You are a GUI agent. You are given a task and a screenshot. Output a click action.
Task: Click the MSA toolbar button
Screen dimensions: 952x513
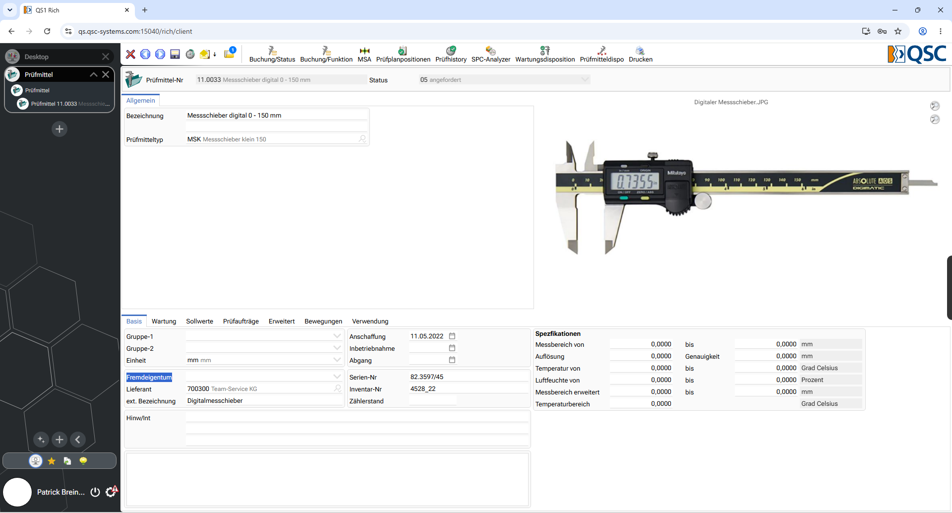pyautogui.click(x=364, y=55)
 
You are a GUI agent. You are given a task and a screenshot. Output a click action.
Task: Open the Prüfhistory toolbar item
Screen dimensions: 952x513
pyautogui.click(x=451, y=55)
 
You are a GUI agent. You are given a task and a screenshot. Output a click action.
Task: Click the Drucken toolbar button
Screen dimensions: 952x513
pyautogui.click(x=641, y=55)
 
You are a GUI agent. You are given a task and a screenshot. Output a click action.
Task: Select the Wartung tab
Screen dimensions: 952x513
pyautogui.click(x=164, y=321)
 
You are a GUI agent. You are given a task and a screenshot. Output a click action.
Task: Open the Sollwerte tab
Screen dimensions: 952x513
pyautogui.click(x=199, y=321)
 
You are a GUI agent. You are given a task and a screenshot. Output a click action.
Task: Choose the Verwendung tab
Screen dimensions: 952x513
pyautogui.click(x=370, y=321)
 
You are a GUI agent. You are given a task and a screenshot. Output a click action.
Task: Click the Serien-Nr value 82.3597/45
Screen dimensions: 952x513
pyautogui.click(x=427, y=377)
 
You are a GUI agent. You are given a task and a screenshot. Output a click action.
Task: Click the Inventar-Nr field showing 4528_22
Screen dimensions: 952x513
pyautogui.click(x=423, y=389)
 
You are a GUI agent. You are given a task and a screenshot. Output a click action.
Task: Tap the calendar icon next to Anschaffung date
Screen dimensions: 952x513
pyautogui.click(x=452, y=336)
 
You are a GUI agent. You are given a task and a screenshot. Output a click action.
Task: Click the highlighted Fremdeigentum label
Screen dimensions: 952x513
pyautogui.click(x=149, y=377)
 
